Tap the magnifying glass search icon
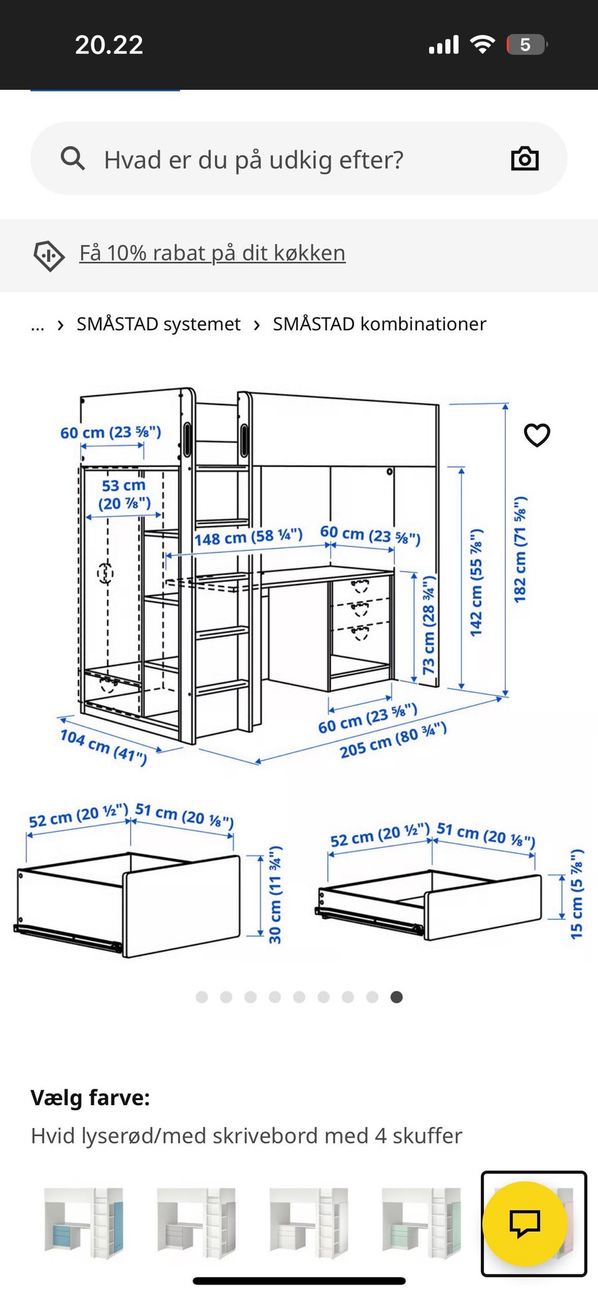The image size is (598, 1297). (x=72, y=158)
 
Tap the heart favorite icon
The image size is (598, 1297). (x=537, y=435)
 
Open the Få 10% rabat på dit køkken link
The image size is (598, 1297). (x=212, y=253)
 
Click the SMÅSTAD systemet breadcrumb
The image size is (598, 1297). (x=158, y=324)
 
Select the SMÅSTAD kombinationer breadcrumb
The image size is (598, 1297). (x=379, y=324)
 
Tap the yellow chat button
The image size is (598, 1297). (x=525, y=1223)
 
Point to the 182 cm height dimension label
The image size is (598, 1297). (x=520, y=550)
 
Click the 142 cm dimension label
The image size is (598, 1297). (x=476, y=583)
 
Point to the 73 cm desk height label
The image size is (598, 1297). (x=429, y=625)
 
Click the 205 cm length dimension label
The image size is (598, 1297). (x=393, y=740)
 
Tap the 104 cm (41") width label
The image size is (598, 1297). (x=103, y=747)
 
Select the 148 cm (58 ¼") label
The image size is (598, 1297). (x=249, y=537)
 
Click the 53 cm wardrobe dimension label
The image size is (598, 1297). (x=124, y=494)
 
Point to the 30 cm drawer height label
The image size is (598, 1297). (x=275, y=894)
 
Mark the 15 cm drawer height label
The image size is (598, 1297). (x=577, y=894)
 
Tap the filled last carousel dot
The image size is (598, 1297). (x=396, y=997)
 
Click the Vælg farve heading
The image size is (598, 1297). (x=90, y=1098)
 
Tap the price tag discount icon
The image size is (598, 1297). (x=49, y=256)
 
